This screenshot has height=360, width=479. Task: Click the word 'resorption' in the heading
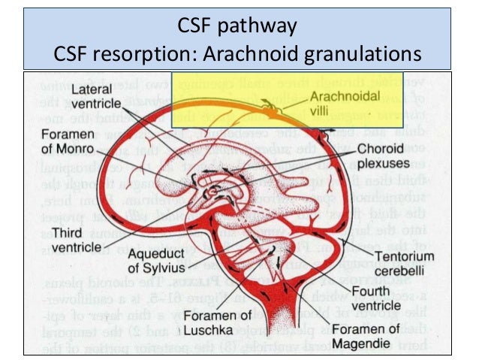click(x=143, y=54)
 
